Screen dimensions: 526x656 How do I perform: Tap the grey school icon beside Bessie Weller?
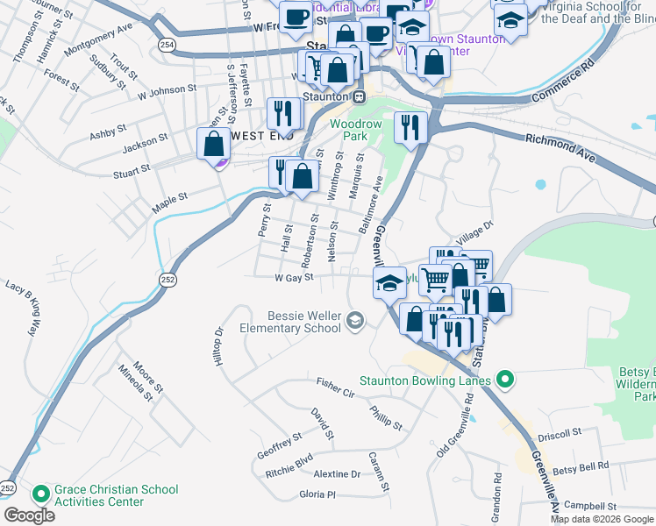point(354,321)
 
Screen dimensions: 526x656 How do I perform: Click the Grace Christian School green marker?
point(40,495)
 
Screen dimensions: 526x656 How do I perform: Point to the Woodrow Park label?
point(356,131)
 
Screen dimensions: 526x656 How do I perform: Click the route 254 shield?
point(168,44)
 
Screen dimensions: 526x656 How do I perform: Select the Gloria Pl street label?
point(317,494)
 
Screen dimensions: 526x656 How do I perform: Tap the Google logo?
point(29,515)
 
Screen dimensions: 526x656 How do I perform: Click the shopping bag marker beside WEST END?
point(213,143)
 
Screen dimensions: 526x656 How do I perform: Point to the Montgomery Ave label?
point(98,39)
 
